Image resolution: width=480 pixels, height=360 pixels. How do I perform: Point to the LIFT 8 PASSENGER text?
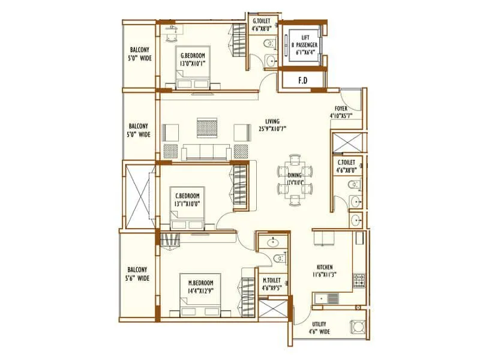[304, 41]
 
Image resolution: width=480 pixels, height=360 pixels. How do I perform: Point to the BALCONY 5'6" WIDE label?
[138, 274]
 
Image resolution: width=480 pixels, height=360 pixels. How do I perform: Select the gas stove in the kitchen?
[359, 280]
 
